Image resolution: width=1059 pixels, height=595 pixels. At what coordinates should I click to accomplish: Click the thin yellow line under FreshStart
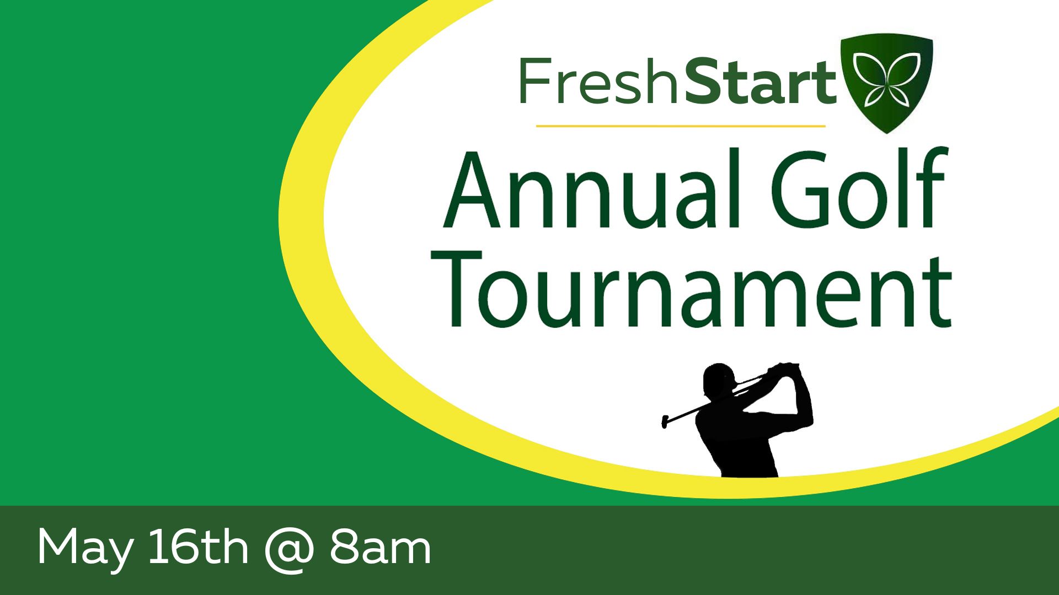tap(681, 126)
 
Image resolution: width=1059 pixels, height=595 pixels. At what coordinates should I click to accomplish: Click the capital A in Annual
tap(472, 188)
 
